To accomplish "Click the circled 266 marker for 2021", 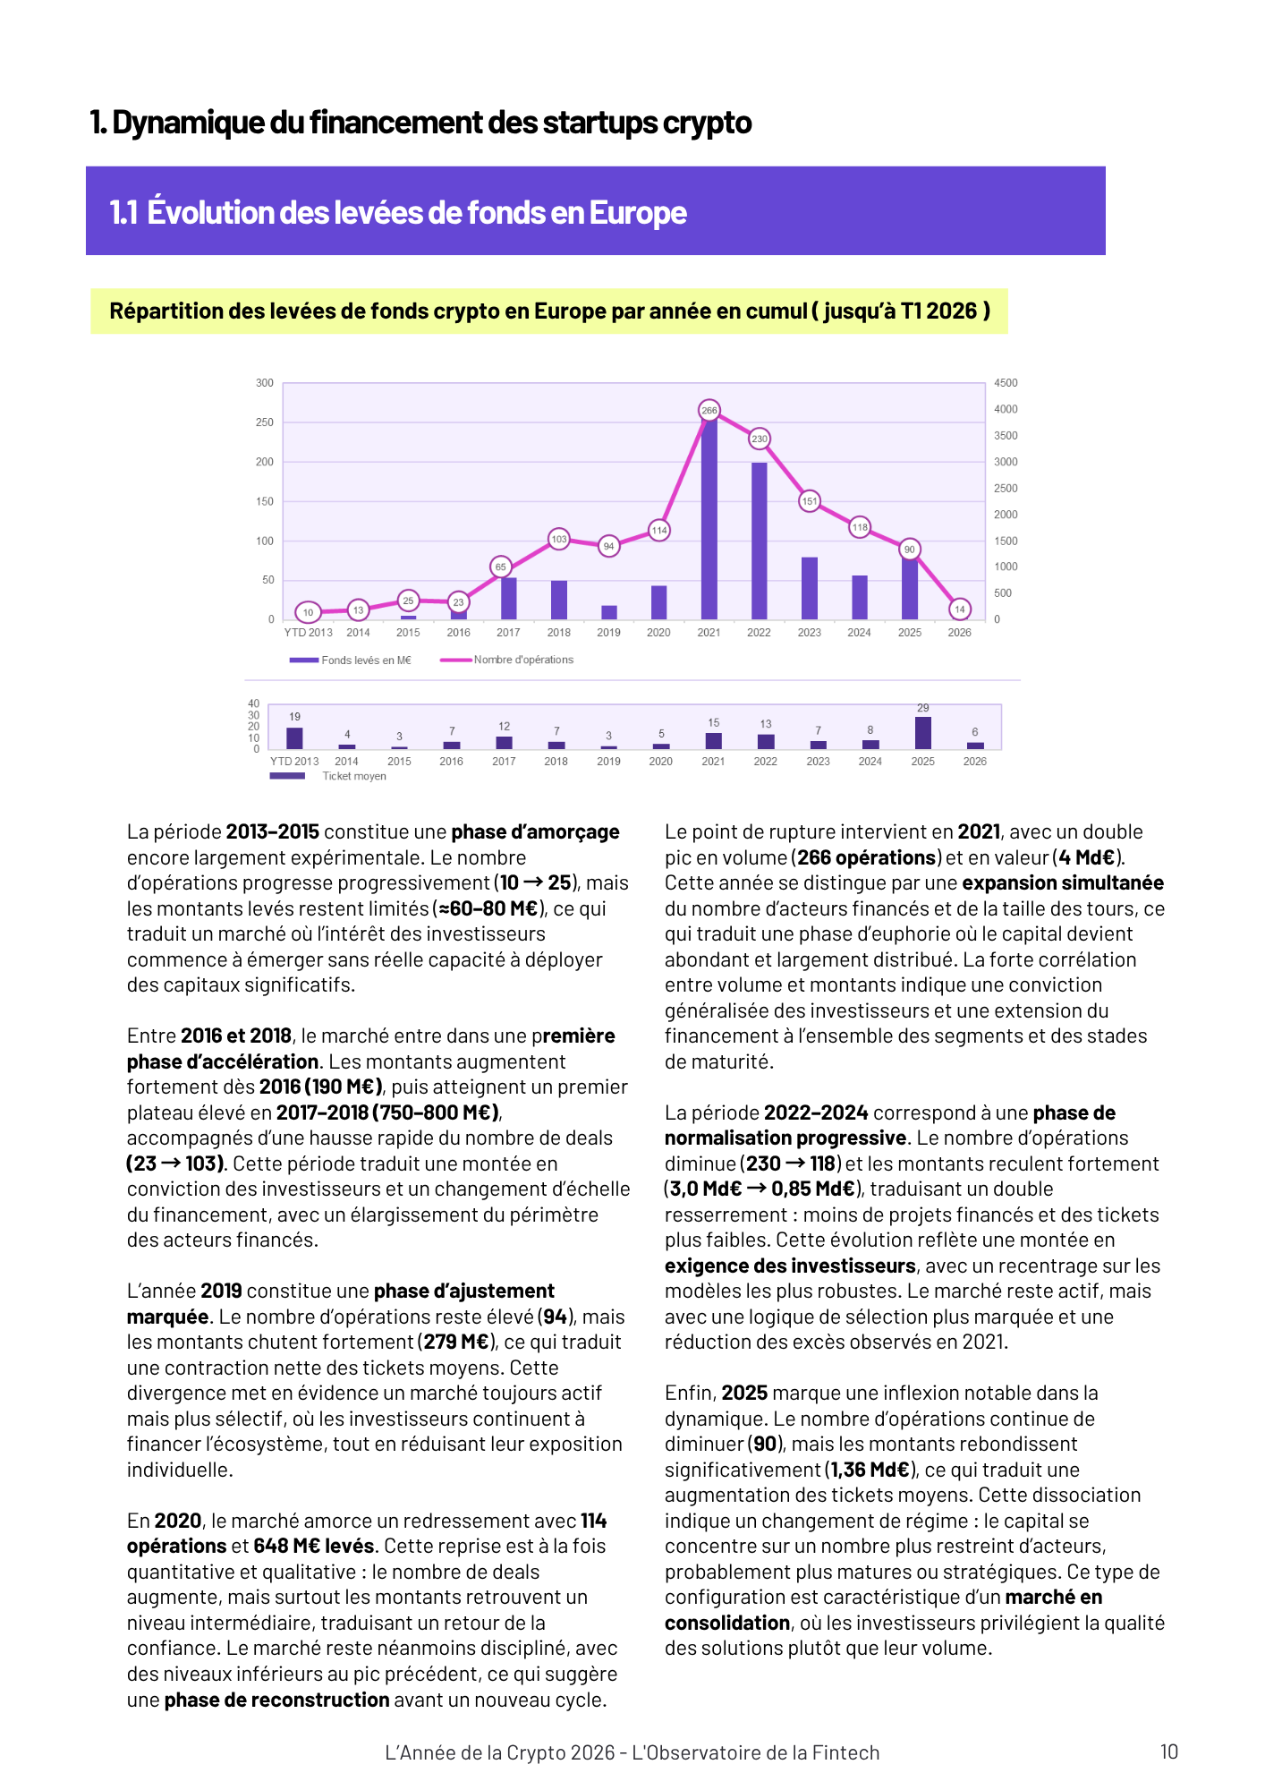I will (x=709, y=411).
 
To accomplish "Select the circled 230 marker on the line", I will (x=760, y=439).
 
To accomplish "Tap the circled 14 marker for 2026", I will (x=959, y=609).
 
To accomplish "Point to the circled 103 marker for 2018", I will (x=559, y=539).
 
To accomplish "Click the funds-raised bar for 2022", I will (x=760, y=541).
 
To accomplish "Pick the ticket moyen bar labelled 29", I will (x=922, y=733).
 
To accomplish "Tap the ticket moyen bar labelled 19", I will (x=294, y=738).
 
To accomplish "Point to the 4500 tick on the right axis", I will (x=1006, y=383).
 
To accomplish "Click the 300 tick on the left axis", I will (x=265, y=383).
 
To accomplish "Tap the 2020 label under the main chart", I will (x=658, y=633).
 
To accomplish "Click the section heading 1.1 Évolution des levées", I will (x=398, y=212).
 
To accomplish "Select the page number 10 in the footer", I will (x=1168, y=1752).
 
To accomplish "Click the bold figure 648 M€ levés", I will (x=313, y=1546).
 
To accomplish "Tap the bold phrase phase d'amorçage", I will (x=535, y=831).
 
